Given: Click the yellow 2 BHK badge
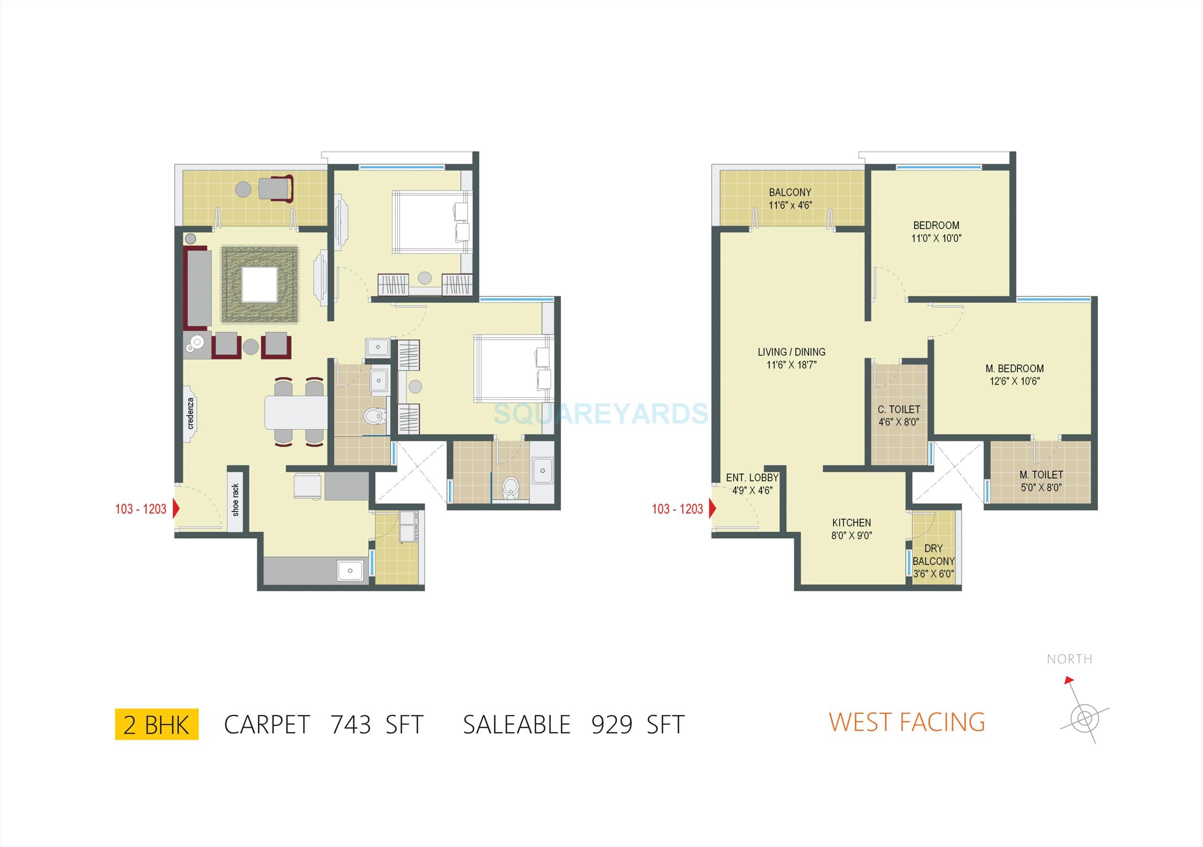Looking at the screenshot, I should (156, 725).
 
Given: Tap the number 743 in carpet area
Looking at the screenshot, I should (351, 725).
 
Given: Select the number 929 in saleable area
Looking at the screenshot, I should (611, 725).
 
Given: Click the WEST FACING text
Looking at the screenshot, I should (906, 722).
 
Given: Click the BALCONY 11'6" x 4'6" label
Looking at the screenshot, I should (790, 199).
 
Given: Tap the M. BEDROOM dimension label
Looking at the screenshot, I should (1014, 375).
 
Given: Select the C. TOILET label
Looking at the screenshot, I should (898, 416).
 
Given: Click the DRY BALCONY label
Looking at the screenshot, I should (933, 561).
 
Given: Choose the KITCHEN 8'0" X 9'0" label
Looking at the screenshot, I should (851, 529).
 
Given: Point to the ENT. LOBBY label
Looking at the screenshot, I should (752, 484).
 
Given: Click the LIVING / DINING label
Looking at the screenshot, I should (791, 358).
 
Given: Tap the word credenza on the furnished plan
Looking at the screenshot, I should (191, 413).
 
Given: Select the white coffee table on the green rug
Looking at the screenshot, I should (259, 284).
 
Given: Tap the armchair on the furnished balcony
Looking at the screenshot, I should (275, 189).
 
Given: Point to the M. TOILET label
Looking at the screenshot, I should (1041, 481).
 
